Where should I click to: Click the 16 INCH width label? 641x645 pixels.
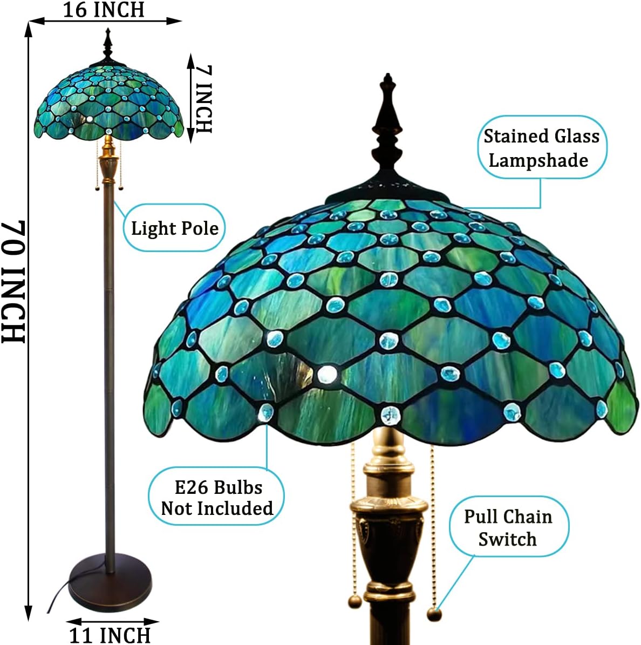click(x=104, y=10)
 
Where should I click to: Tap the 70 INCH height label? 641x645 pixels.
click(x=13, y=281)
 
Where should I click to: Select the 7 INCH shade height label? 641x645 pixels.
click(x=203, y=99)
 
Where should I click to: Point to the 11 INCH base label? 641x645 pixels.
click(x=110, y=635)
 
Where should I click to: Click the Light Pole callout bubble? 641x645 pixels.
click(x=174, y=228)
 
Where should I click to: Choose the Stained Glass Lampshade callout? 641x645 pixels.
click(x=541, y=147)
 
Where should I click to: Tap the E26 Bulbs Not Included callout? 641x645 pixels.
click(x=217, y=497)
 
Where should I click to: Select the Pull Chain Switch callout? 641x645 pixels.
click(x=508, y=527)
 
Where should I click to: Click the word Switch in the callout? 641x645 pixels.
click(x=507, y=539)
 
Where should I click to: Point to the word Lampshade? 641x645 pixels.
click(x=538, y=160)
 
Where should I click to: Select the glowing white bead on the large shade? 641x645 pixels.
click(x=325, y=374)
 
